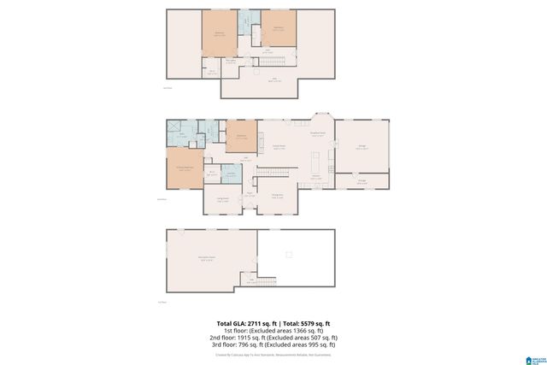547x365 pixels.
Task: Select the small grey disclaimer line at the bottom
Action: (273, 354)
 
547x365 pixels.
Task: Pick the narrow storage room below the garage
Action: (362, 181)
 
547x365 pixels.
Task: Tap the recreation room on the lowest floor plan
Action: (209, 260)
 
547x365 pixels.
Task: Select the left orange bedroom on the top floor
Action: (220, 34)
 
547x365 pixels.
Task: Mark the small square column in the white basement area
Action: (289, 255)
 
